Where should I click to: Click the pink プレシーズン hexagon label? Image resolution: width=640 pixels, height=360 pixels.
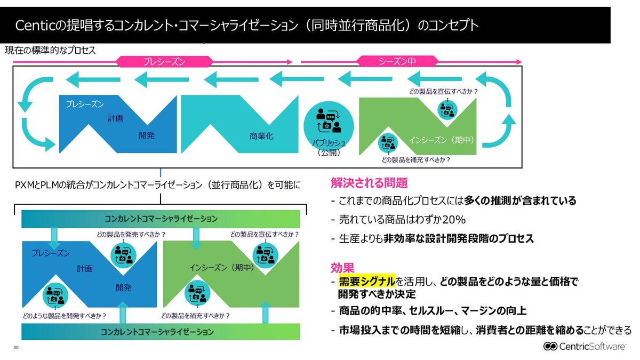164,62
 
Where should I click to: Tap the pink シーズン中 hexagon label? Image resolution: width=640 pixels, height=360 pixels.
397,62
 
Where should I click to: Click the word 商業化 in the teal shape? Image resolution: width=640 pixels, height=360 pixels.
261,136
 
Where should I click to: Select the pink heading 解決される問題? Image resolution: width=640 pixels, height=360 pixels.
369,183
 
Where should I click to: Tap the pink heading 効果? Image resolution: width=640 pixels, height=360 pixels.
342,267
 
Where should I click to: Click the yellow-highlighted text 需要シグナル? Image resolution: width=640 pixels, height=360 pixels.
367,281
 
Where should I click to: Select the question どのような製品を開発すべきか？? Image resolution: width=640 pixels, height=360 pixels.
64,315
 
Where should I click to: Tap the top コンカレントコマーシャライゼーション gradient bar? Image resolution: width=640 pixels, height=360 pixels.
161,219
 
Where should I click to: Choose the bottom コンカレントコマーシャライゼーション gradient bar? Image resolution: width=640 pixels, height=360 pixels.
161,332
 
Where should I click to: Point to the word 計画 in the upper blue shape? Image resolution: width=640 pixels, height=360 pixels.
115,118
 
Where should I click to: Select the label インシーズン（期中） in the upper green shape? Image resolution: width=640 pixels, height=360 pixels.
442,140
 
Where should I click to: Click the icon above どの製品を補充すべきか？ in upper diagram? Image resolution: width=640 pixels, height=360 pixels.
388,143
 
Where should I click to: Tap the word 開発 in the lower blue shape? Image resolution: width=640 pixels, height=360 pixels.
123,288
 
